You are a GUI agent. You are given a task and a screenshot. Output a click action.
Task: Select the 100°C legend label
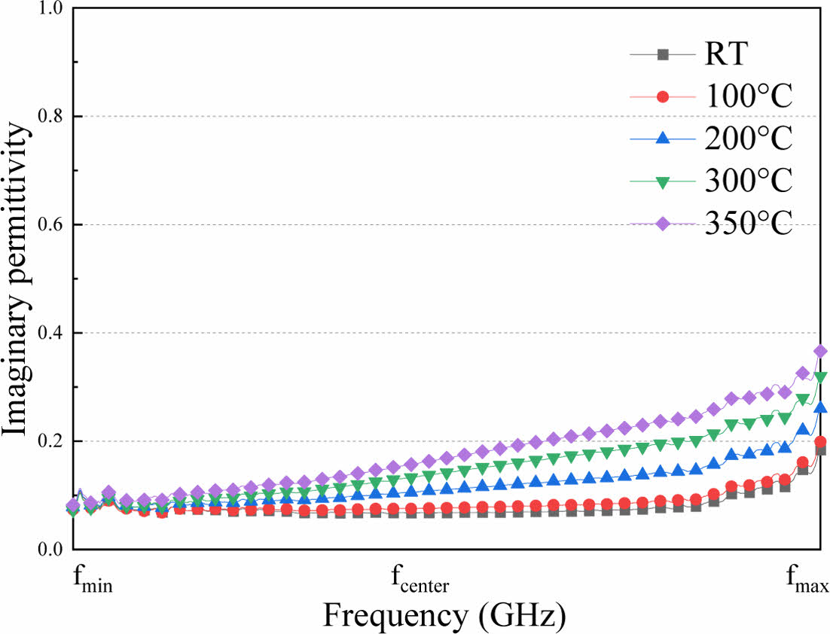tap(749, 97)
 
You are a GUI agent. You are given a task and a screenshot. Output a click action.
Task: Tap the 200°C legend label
tap(749, 139)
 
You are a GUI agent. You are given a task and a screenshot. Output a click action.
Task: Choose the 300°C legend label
tap(749, 181)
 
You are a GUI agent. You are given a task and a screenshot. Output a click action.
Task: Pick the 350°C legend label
tap(749, 224)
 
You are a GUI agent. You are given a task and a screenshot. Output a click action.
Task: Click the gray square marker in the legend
tap(663, 54)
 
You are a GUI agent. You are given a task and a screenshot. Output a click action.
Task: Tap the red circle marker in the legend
tap(663, 96)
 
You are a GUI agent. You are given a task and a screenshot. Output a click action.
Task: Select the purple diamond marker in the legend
tap(663, 224)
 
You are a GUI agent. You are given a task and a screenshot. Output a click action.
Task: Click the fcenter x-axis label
tap(420, 581)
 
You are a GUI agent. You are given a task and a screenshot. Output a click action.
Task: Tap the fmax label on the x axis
tap(807, 582)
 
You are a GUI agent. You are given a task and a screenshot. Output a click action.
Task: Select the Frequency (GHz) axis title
tap(444, 615)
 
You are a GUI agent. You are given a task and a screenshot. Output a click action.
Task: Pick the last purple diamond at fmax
tap(820, 352)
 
